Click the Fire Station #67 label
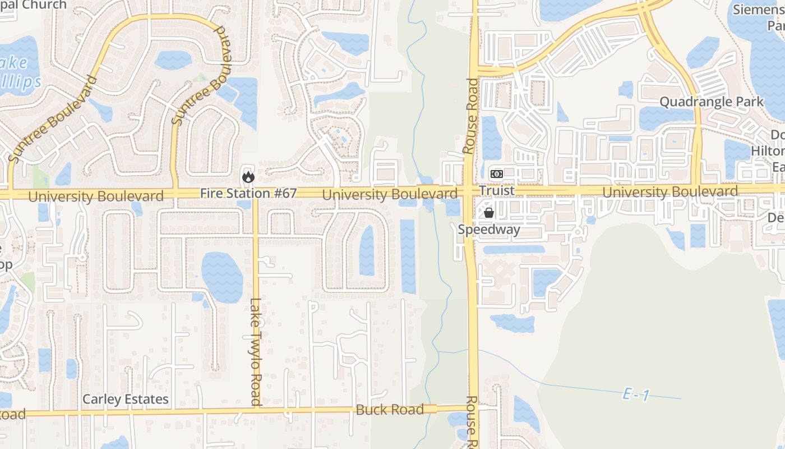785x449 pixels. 248,193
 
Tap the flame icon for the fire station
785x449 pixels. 248,177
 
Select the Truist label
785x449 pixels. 497,191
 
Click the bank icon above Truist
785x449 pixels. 496,173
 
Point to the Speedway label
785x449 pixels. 489,229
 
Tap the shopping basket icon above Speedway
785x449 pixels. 489,213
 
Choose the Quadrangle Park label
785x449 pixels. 711,102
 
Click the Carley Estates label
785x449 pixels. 125,399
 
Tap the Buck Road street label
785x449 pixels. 390,410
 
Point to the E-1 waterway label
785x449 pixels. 636,395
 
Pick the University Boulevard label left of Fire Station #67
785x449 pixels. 96,196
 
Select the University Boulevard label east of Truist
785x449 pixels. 670,192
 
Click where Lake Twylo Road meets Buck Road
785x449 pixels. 256,411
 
